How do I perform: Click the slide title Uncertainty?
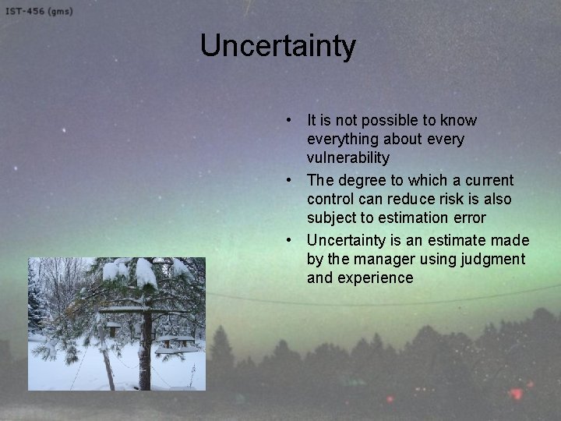click(278, 45)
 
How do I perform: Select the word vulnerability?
click(348, 158)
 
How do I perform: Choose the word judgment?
click(496, 259)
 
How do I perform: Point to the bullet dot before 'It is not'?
click(288, 121)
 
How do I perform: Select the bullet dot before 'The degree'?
click(288, 180)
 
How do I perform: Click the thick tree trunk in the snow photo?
click(143, 359)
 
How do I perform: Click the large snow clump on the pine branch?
click(146, 273)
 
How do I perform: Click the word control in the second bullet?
click(330, 199)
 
